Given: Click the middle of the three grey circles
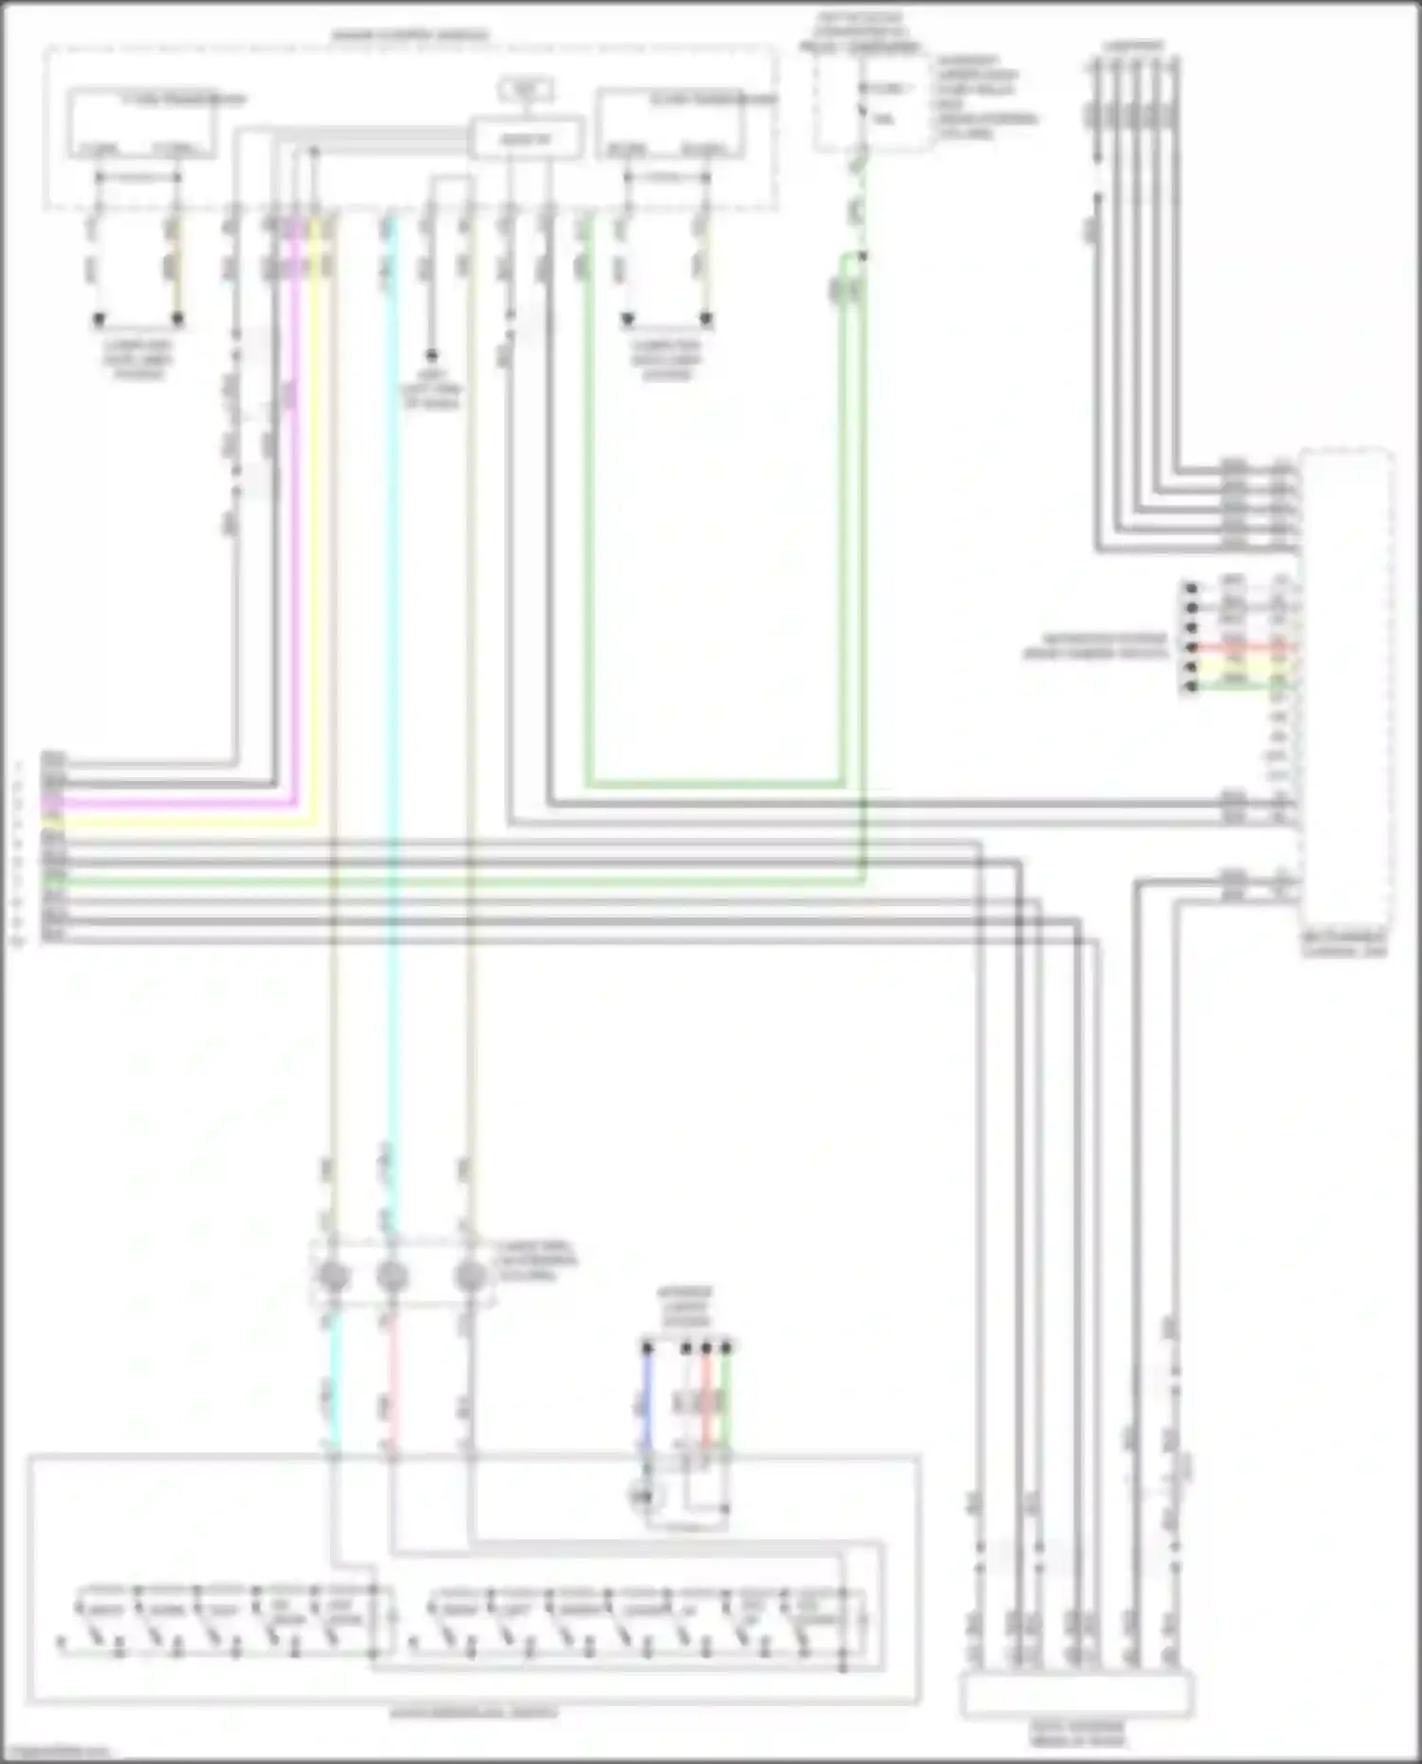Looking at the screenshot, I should click(x=392, y=1277).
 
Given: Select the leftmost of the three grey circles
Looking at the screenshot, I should click(x=333, y=1277).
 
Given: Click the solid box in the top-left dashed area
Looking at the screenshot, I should click(x=140, y=123).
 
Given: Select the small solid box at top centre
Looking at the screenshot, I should click(x=527, y=139).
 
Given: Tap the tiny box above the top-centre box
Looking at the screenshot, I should click(x=527, y=91).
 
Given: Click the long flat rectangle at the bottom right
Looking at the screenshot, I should click(x=1077, y=1695).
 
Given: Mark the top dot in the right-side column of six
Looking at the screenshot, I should click(x=1191, y=589).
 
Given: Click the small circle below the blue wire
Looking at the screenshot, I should click(x=642, y=1497).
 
